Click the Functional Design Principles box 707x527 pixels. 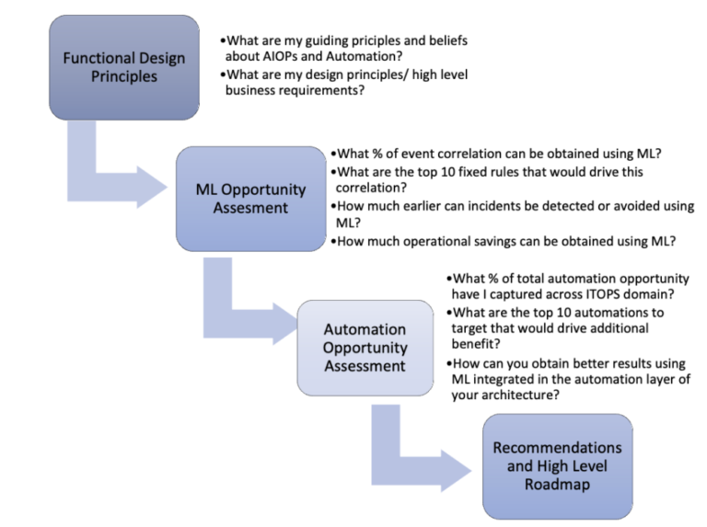[x=123, y=67]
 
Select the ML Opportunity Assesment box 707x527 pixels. [x=250, y=199]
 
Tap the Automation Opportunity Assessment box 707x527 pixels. [x=365, y=347]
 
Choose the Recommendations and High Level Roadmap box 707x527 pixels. [x=557, y=465]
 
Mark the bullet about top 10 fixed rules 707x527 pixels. [x=488, y=178]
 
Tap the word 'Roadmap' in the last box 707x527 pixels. [x=557, y=484]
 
